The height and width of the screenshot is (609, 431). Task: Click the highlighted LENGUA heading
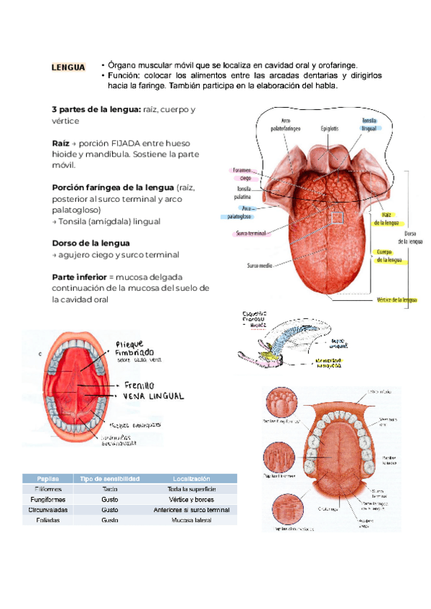coord(68,68)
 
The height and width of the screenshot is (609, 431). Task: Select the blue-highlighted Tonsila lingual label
coord(370,124)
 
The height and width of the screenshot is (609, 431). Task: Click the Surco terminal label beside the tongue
coord(251,233)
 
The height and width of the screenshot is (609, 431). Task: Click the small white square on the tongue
coord(337,218)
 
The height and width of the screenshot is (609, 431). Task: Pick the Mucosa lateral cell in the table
coord(191,519)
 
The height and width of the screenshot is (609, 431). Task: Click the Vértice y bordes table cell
coord(191,498)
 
